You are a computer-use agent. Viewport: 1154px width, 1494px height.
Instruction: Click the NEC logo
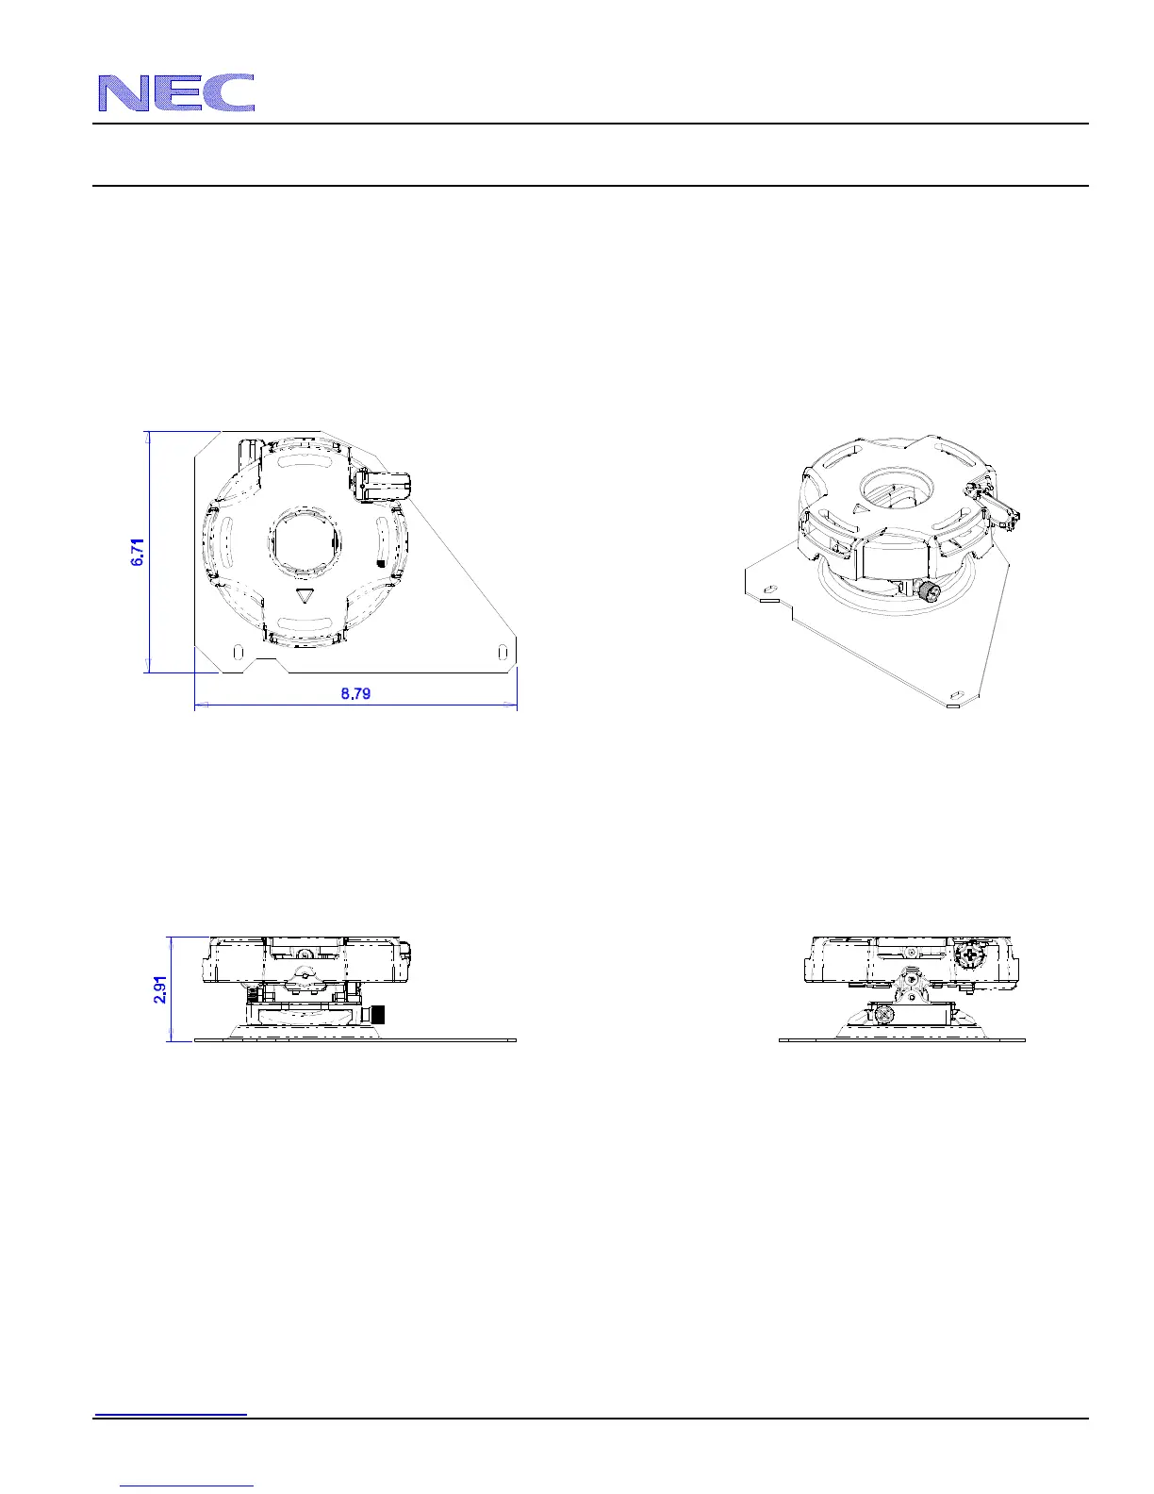176,92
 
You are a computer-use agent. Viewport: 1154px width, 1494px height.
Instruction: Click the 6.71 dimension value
138,552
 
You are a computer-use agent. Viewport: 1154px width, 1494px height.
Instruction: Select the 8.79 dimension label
355,693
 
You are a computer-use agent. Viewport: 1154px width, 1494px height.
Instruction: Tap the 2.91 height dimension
160,989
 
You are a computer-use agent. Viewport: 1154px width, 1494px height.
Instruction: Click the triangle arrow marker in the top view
303,595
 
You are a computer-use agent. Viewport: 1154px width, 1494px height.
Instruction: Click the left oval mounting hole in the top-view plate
238,651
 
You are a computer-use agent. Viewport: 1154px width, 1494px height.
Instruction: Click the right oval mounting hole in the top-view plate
503,651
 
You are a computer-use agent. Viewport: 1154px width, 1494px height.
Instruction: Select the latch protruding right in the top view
384,485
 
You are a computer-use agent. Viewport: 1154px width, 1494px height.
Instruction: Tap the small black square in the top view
381,563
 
